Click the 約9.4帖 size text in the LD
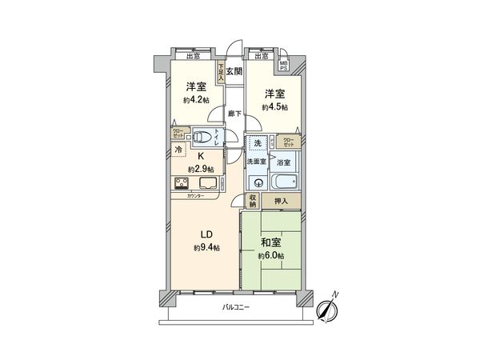pyautogui.click(x=206, y=248)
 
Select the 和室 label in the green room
pyautogui.click(x=270, y=242)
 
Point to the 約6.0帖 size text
pyautogui.click(x=270, y=256)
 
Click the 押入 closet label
pyautogui.click(x=281, y=201)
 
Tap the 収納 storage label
pyautogui.click(x=252, y=202)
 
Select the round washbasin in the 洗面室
pyautogui.click(x=257, y=181)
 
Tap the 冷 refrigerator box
pyautogui.click(x=178, y=150)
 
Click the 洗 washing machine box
pyautogui.click(x=257, y=144)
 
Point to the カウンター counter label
pyautogui.click(x=195, y=196)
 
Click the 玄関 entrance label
pyautogui.click(x=234, y=71)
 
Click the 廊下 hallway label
pyautogui.click(x=234, y=114)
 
